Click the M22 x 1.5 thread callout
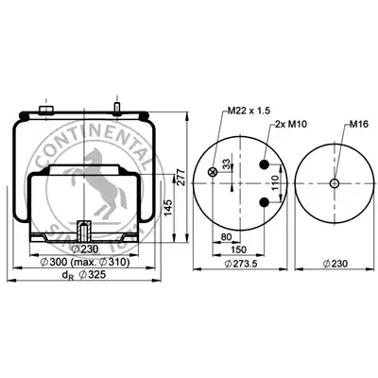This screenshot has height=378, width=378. point(249,111)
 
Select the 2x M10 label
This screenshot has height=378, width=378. point(291,125)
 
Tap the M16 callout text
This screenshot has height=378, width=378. point(358,125)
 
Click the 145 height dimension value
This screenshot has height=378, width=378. point(168,208)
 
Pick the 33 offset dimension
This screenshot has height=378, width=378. point(226,164)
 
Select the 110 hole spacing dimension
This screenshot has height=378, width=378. point(275,183)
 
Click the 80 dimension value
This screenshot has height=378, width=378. point(226,237)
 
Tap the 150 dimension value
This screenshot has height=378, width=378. point(238,249)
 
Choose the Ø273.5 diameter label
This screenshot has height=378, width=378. point(241,264)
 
